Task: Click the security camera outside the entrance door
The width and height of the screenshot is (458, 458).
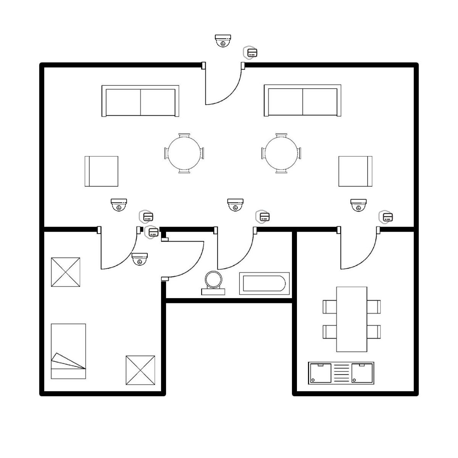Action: [x=223, y=40]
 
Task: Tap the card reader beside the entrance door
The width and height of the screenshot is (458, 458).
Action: [x=251, y=53]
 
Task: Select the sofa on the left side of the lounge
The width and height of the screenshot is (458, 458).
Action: [x=140, y=101]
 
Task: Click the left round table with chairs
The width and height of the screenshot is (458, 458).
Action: [x=184, y=153]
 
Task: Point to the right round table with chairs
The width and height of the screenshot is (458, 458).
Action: [x=281, y=153]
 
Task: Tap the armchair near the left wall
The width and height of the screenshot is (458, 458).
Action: [x=101, y=171]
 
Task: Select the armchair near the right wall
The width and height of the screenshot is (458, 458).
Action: [x=355, y=171]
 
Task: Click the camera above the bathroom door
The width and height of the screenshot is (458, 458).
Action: [x=235, y=205]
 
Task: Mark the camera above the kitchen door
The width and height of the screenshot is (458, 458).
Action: [x=359, y=205]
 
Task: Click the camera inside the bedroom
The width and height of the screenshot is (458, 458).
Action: [x=140, y=259]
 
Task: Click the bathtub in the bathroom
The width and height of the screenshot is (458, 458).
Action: [x=264, y=284]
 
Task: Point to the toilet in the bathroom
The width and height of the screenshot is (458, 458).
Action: [x=214, y=283]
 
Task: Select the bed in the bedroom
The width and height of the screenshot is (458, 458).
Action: [x=68, y=351]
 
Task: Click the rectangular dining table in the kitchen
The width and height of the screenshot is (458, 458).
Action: [x=352, y=319]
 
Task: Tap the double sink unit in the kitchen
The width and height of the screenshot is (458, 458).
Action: [x=341, y=373]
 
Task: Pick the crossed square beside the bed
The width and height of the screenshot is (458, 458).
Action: [x=140, y=370]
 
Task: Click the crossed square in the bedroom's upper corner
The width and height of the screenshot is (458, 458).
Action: [x=66, y=272]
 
